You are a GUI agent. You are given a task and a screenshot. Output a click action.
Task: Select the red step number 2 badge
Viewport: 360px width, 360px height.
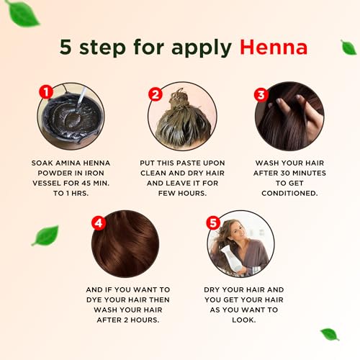[154, 93]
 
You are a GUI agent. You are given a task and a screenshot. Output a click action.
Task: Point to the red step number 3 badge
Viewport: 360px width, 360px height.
[261, 93]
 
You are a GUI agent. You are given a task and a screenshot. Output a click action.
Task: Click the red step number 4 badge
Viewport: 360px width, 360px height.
[98, 223]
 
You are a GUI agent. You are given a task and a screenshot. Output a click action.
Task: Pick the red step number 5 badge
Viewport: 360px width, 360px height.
[212, 224]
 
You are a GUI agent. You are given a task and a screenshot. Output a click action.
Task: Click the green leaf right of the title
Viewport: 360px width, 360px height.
[348, 47]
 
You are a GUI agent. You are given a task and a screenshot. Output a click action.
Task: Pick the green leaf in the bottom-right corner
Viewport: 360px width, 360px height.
[329, 333]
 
